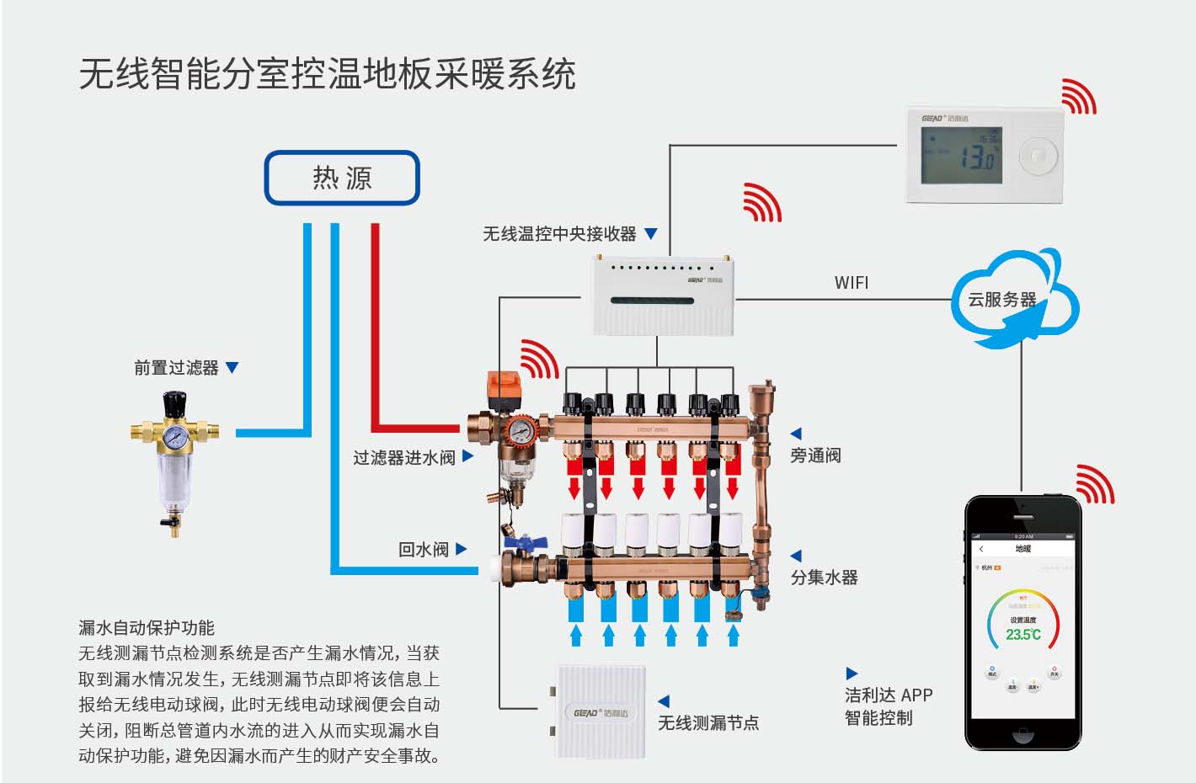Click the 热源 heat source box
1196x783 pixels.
tap(342, 178)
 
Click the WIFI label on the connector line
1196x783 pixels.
tap(851, 283)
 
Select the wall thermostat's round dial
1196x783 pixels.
tap(1037, 156)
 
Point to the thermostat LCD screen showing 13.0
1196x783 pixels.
tap(961, 156)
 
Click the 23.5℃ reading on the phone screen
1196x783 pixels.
tap(1023, 634)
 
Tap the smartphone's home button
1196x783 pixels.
tap(1022, 735)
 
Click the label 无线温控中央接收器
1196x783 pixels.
tap(559, 234)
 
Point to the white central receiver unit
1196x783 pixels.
tap(658, 296)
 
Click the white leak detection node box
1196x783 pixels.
tap(600, 711)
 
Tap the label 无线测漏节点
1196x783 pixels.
tap(707, 722)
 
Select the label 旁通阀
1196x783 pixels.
tap(815, 455)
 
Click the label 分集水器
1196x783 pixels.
tap(824, 578)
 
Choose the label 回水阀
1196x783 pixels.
tap(423, 550)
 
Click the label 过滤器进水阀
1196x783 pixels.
tap(403, 457)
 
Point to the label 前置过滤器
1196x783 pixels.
tap(176, 368)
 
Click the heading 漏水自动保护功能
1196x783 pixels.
tap(147, 628)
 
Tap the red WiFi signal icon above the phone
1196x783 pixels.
tap(1095, 484)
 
